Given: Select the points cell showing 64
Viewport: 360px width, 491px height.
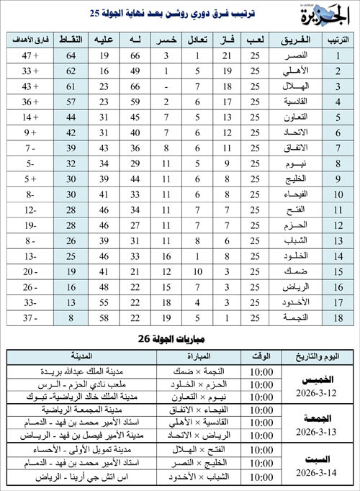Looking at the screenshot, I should point(71,54).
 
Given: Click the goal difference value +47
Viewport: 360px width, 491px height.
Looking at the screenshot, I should point(32,54).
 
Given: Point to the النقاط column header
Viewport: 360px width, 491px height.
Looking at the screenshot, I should point(71,37).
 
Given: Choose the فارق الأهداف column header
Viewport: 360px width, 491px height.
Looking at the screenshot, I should point(32,37).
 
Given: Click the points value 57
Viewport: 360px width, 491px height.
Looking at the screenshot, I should point(71,102).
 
